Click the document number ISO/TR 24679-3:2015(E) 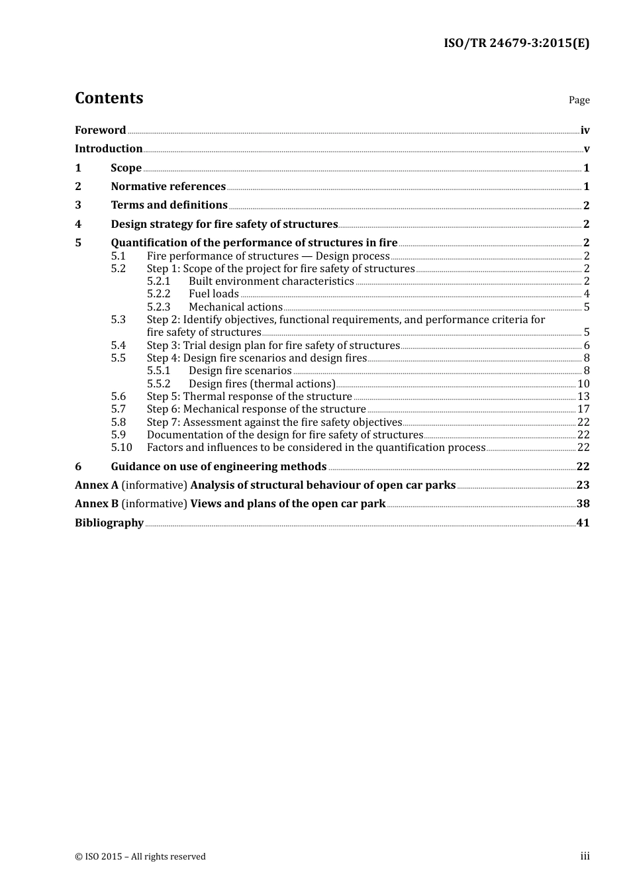(x=516, y=43)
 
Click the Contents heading (x=109, y=98)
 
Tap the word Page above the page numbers (x=579, y=100)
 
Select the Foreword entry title (x=101, y=130)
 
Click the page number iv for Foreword (x=585, y=130)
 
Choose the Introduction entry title (x=109, y=148)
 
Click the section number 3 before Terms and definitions (x=78, y=205)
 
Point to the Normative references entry (x=168, y=187)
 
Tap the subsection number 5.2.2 (x=159, y=294)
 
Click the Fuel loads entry (x=214, y=294)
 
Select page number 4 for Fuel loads (x=587, y=294)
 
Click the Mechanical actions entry (x=236, y=307)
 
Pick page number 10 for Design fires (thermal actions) (x=583, y=384)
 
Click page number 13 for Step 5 (x=583, y=397)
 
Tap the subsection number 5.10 (x=122, y=448)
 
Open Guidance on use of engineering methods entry (x=218, y=467)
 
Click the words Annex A (x=97, y=485)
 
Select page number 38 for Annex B (x=583, y=504)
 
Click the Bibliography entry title (x=109, y=523)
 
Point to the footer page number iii (x=585, y=856)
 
